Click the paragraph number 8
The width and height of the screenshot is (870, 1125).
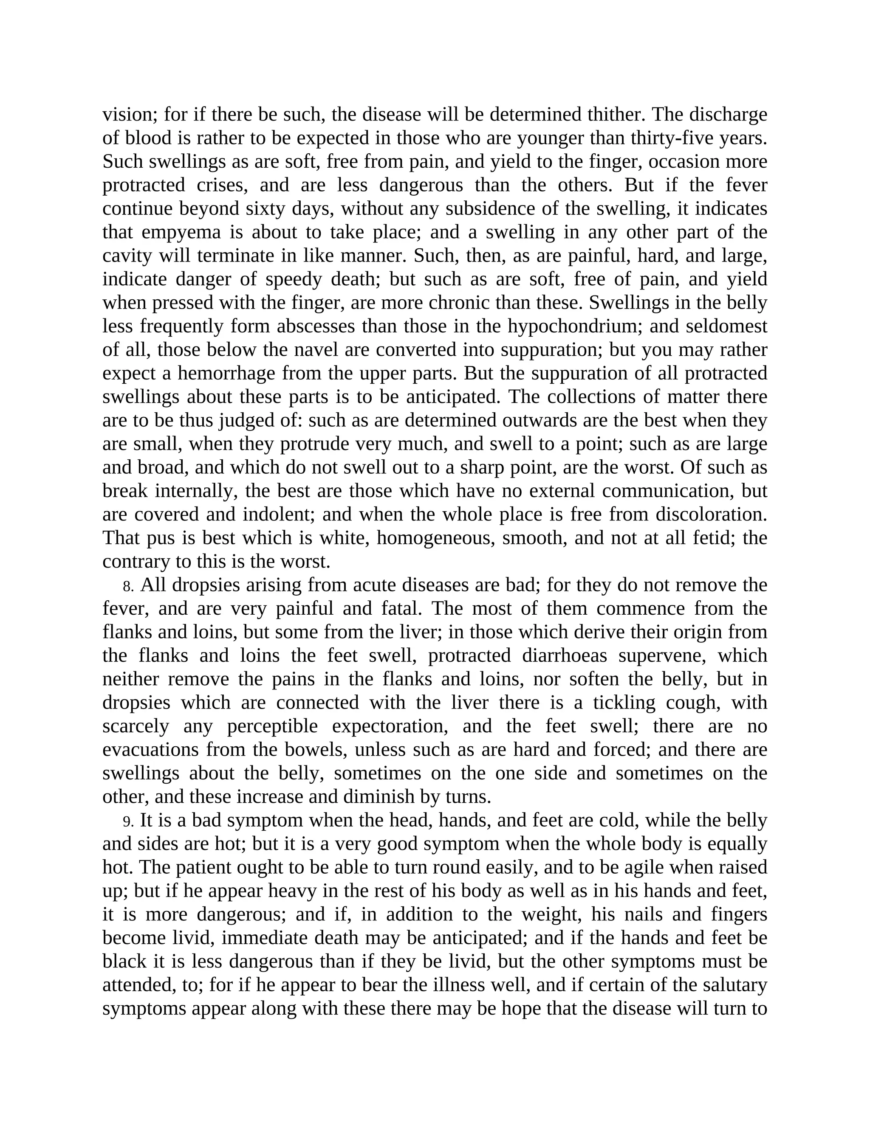click(128, 586)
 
